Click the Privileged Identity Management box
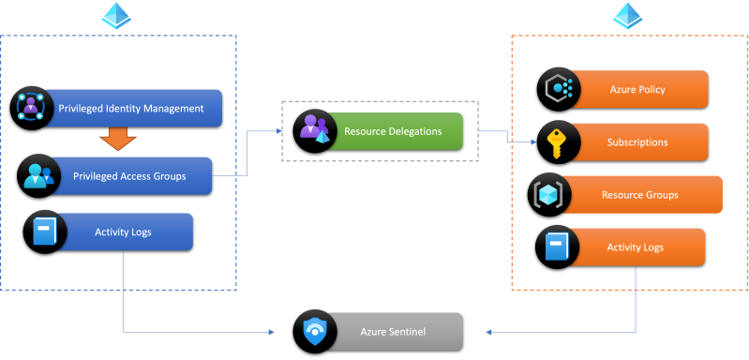131,109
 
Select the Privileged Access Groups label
129,176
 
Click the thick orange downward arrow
117,139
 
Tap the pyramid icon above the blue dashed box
116,15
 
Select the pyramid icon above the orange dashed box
628,15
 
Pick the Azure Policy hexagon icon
559,89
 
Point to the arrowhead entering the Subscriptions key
534,142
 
